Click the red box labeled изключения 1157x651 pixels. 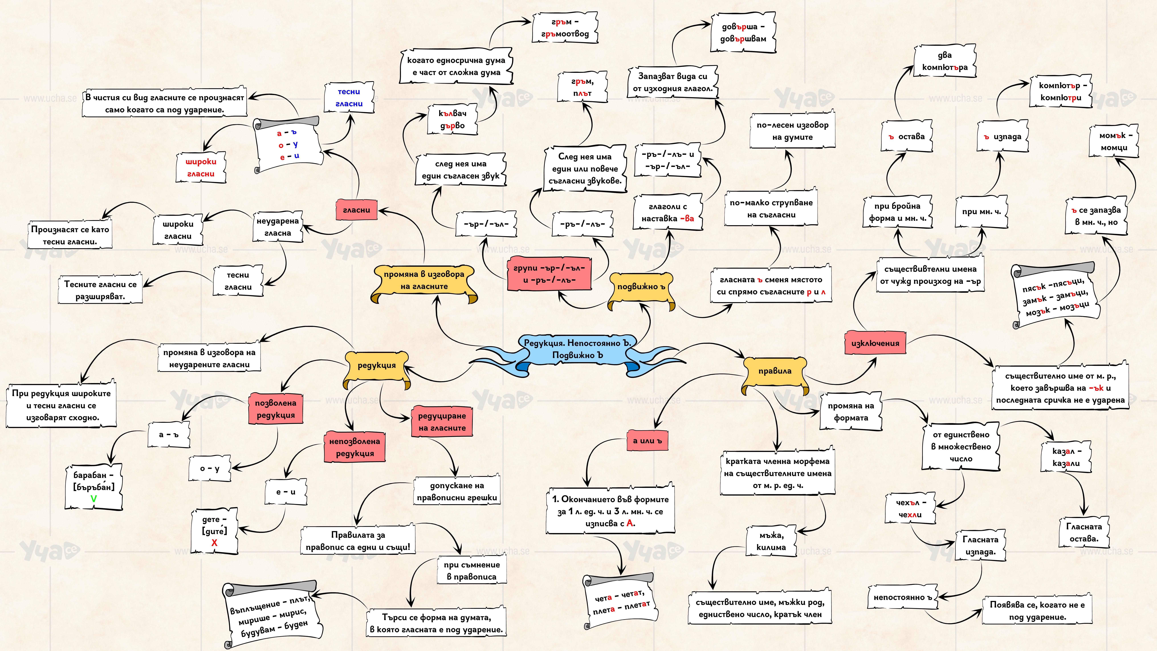(x=875, y=343)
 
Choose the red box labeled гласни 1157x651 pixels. (x=356, y=210)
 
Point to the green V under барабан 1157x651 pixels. (x=93, y=499)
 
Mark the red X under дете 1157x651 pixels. (x=214, y=543)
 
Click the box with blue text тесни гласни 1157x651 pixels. (x=349, y=97)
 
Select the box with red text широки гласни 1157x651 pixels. (x=201, y=168)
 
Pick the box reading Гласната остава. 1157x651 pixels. (x=1084, y=532)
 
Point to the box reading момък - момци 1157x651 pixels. (x=1114, y=142)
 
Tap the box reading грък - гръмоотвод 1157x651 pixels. (x=565, y=28)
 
